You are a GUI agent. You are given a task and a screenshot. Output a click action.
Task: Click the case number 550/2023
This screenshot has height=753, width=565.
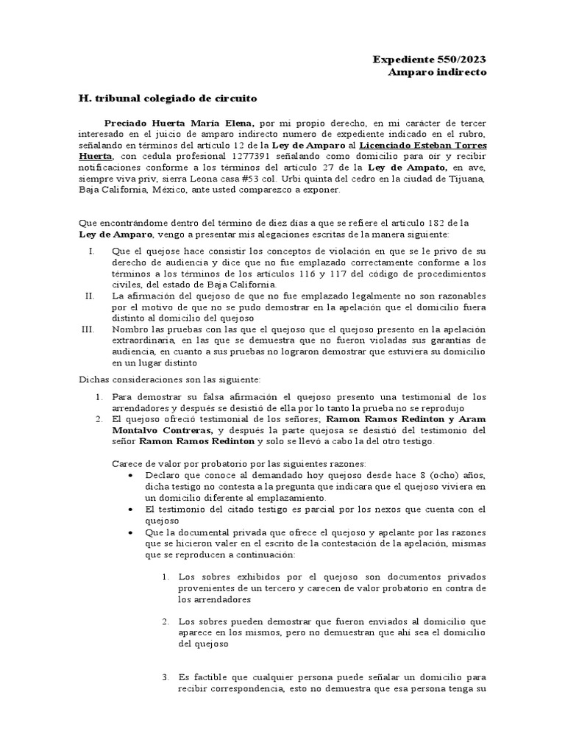click(x=461, y=60)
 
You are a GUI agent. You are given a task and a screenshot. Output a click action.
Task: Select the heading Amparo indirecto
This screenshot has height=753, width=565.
click(x=437, y=72)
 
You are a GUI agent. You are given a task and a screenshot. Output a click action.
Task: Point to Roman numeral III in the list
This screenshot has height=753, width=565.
click(x=88, y=329)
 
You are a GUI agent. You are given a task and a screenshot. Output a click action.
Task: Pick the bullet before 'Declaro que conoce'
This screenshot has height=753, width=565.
click(x=130, y=476)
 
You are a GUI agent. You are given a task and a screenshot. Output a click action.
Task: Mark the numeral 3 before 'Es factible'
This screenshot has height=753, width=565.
click(x=166, y=677)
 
